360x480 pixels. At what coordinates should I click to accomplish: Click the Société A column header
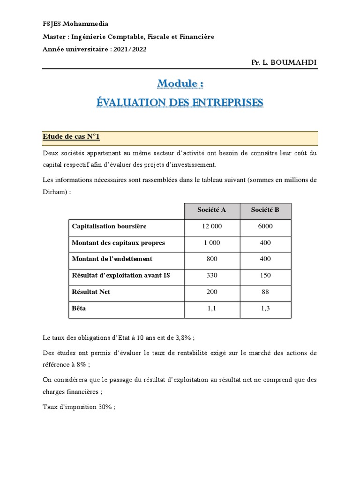point(212,210)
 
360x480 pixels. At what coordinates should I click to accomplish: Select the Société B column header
point(265,210)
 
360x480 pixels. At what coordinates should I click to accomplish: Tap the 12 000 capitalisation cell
point(212,226)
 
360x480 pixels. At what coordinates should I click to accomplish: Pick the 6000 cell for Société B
point(265,226)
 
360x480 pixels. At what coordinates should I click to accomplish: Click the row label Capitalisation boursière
point(109,226)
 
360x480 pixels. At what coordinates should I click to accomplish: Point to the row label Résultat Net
point(91,292)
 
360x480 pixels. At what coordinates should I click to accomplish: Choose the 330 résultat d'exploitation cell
point(212,275)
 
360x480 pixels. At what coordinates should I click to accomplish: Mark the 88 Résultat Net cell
point(265,292)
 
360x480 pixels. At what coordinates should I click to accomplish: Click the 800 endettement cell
point(212,259)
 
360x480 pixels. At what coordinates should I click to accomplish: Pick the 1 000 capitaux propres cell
point(212,243)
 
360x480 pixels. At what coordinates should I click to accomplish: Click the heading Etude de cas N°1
point(71,137)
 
